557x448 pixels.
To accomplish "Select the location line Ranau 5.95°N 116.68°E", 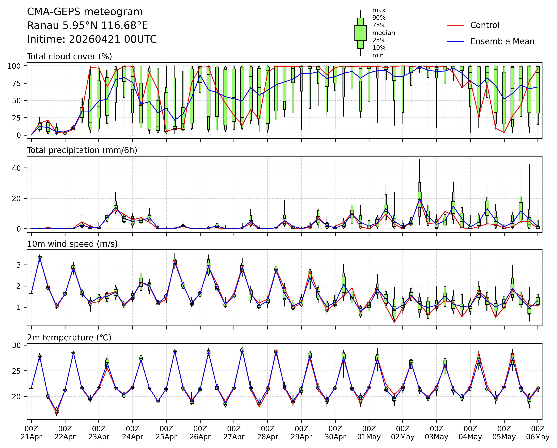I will (x=87, y=26).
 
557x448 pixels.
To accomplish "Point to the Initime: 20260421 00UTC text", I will (x=92, y=39).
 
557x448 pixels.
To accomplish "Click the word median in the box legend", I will (x=383, y=33).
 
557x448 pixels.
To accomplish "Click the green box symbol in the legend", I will (x=360, y=33).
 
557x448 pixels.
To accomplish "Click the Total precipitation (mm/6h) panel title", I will (x=82, y=150).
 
